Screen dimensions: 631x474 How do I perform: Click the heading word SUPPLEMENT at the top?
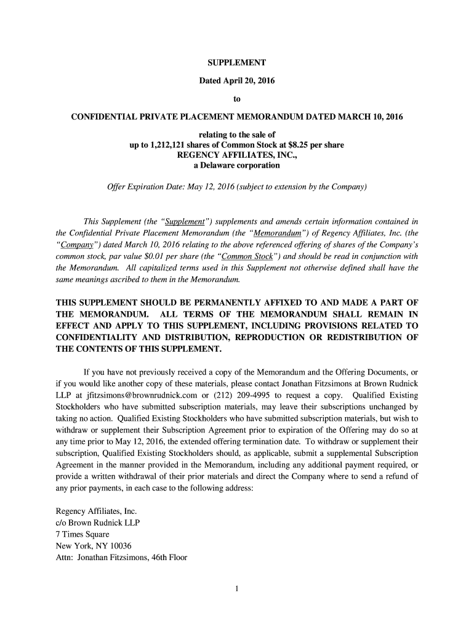(236, 63)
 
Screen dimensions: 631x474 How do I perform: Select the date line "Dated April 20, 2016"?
(236, 81)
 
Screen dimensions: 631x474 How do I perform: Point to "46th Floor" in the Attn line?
(168, 558)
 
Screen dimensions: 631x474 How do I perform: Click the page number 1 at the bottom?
(236, 589)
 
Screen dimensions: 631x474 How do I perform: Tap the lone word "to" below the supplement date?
(236, 98)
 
